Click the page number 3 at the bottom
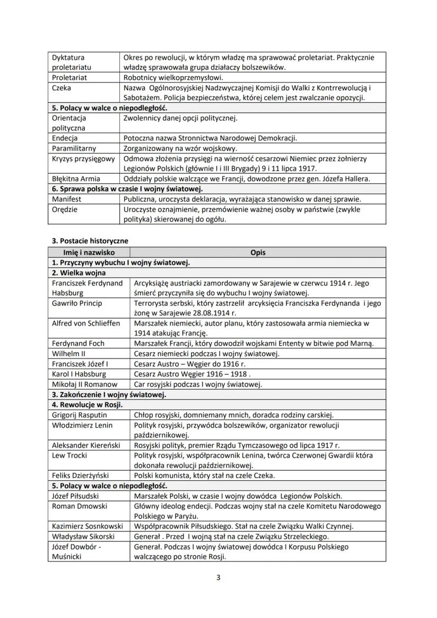[218, 577]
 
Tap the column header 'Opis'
[258, 252]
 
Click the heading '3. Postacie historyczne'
[90, 241]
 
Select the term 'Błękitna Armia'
[76, 178]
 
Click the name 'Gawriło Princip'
[77, 303]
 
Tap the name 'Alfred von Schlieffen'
[86, 323]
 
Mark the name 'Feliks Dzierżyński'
[83, 476]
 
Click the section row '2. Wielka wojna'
[79, 273]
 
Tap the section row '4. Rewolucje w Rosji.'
[87, 405]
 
